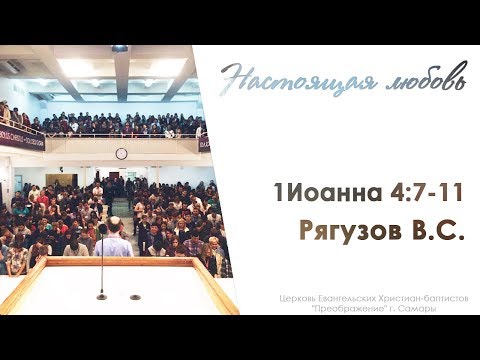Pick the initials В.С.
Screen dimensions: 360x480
click(431, 232)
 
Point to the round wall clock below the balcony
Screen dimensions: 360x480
click(121, 153)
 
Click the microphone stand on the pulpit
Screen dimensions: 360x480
click(102, 255)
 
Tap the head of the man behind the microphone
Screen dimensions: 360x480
click(113, 222)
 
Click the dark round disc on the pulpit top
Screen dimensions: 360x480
click(135, 297)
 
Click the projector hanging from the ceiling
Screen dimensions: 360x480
click(120, 48)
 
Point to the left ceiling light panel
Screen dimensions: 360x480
click(75, 67)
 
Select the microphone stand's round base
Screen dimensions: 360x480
click(102, 297)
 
